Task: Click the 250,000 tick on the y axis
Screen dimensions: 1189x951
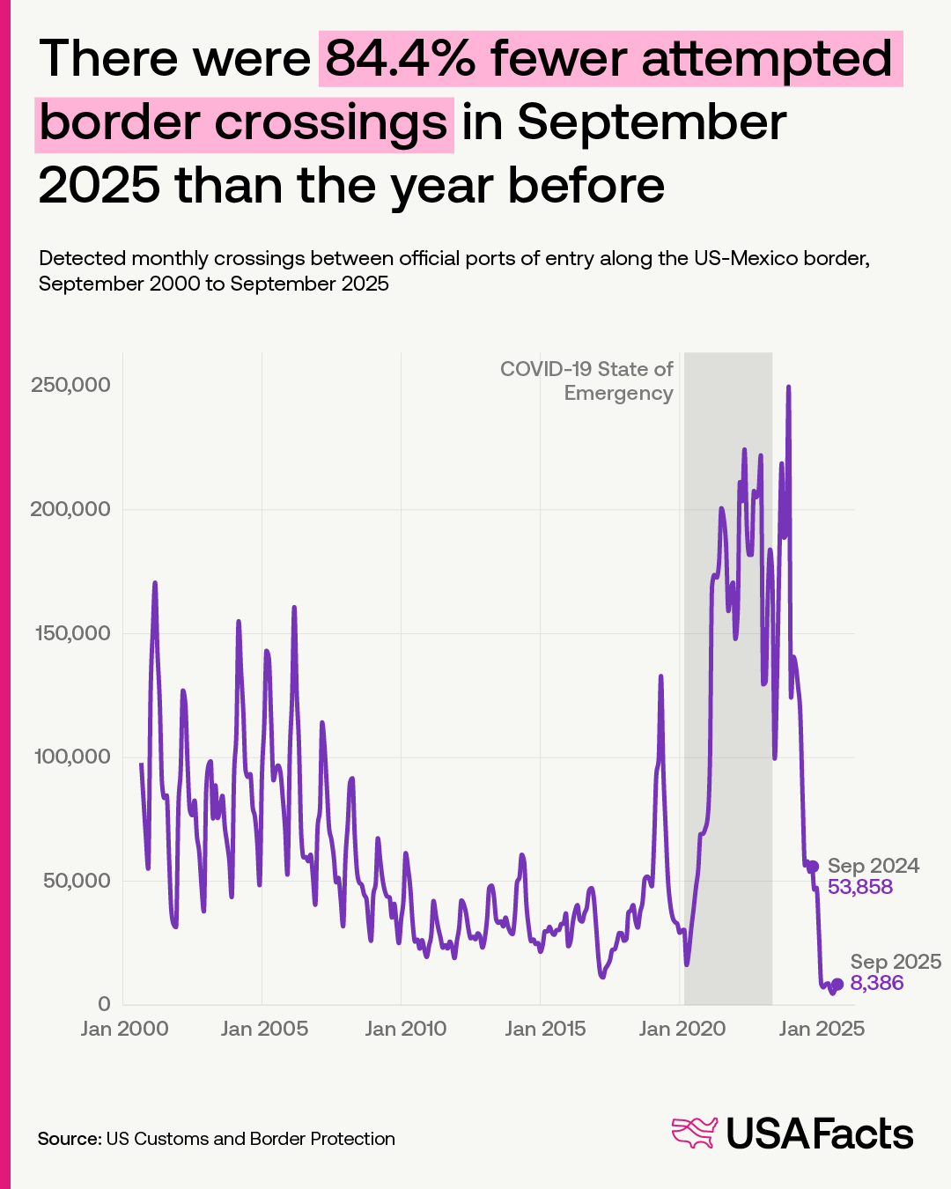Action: point(70,385)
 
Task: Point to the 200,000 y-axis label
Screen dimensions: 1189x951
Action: point(70,509)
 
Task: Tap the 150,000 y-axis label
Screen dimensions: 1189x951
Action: point(70,633)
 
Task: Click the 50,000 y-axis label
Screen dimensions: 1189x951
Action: point(77,881)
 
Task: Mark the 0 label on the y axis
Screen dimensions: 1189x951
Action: point(104,1004)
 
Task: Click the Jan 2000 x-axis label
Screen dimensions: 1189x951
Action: point(124,1029)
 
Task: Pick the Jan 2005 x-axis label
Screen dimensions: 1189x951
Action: point(264,1029)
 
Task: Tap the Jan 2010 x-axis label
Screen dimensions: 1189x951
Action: point(405,1029)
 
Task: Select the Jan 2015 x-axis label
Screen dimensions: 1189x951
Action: point(545,1029)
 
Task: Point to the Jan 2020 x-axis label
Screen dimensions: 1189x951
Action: point(682,1029)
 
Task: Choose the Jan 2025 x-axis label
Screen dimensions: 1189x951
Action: point(822,1029)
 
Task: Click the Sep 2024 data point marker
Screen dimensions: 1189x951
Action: point(813,867)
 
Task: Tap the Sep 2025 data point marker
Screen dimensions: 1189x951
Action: point(837,984)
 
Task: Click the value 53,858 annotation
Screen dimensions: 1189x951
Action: point(860,887)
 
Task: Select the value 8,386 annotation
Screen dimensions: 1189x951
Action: point(877,983)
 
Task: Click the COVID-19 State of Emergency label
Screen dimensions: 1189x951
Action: point(586,380)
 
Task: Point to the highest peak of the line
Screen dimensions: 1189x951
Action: point(788,387)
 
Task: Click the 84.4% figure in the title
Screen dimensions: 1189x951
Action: point(402,59)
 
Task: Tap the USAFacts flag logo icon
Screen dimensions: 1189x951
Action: point(695,1134)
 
